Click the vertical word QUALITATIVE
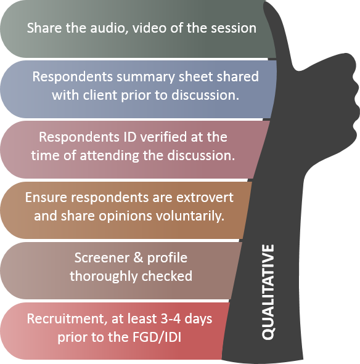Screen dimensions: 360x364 pyautogui.click(x=268, y=292)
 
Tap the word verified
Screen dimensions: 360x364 pyautogui.click(x=163, y=137)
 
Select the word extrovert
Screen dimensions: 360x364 pyautogui.click(x=205, y=198)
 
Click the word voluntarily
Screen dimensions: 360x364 pyautogui.click(x=189, y=216)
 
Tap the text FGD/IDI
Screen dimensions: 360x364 pyautogui.click(x=157, y=337)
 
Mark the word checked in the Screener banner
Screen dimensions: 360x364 pyautogui.click(x=167, y=276)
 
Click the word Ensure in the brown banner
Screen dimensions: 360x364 pyautogui.click(x=46, y=198)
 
